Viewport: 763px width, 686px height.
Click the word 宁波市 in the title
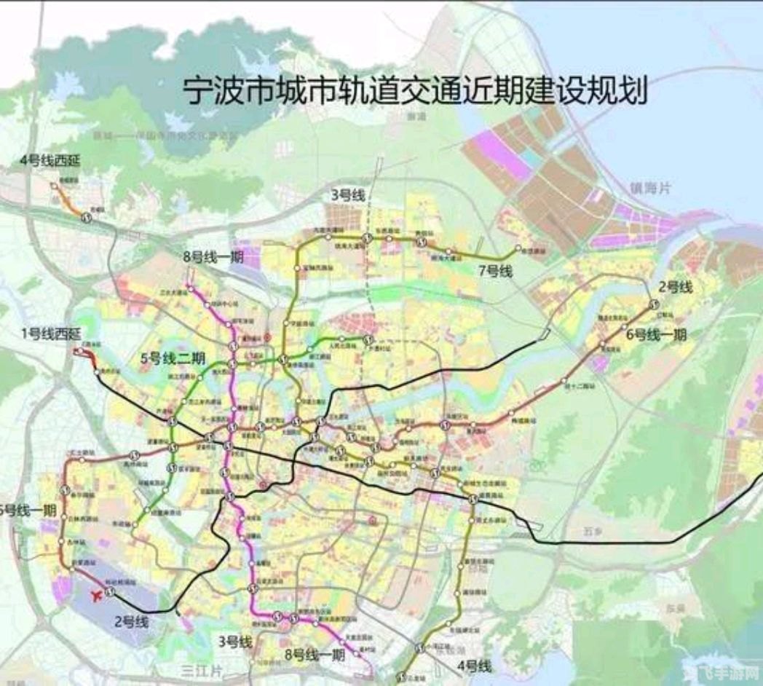coord(216,92)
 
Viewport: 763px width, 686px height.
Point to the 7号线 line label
coord(495,272)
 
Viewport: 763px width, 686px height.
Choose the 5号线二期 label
coord(173,358)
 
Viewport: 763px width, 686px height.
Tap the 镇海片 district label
coord(651,188)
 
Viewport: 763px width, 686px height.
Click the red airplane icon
coord(94,596)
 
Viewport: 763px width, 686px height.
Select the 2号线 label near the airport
coord(131,621)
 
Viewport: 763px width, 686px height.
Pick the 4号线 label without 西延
coord(475,666)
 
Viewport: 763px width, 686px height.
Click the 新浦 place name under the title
coord(416,116)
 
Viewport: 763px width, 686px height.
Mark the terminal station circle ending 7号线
coord(518,249)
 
